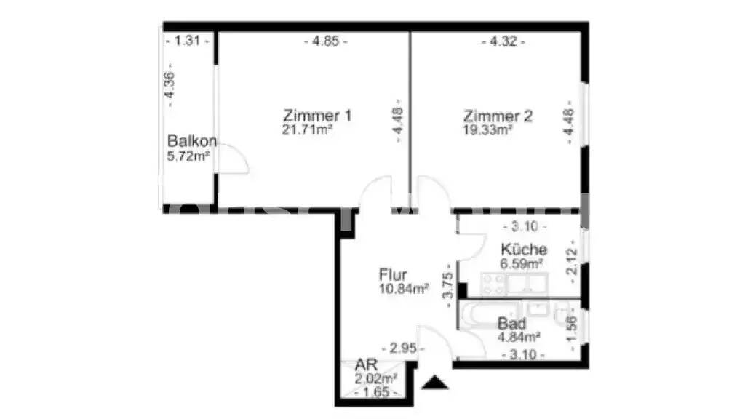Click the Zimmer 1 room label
tap(318, 116)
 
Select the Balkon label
tap(192, 141)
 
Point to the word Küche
tap(523, 250)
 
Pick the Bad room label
tap(512, 324)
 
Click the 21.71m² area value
tap(307, 129)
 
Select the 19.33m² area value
tap(487, 129)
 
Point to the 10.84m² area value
tap(403, 289)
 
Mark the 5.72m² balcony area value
tap(188, 155)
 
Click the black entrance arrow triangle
tap(435, 383)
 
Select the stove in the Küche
tap(493, 283)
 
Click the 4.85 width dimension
tap(325, 41)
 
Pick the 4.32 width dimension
tap(503, 41)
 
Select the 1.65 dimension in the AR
tap(376, 393)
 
